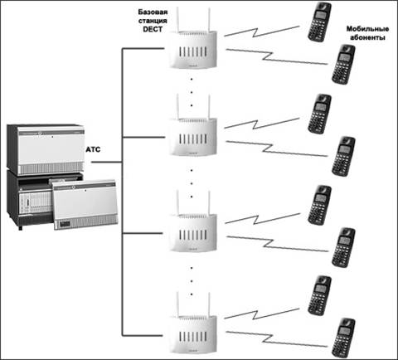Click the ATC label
click(93, 149)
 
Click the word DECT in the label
click(153, 29)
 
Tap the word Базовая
click(153, 12)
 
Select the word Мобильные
click(367, 29)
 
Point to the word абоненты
click(367, 37)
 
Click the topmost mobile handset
click(319, 22)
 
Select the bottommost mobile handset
click(343, 338)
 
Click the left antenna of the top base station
click(177, 19)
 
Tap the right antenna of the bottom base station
click(209, 304)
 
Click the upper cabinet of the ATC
click(46, 149)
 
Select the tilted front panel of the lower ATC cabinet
click(85, 205)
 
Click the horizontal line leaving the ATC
click(107, 162)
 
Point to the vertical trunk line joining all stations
click(123, 192)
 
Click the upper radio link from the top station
click(262, 32)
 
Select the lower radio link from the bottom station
click(276, 339)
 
